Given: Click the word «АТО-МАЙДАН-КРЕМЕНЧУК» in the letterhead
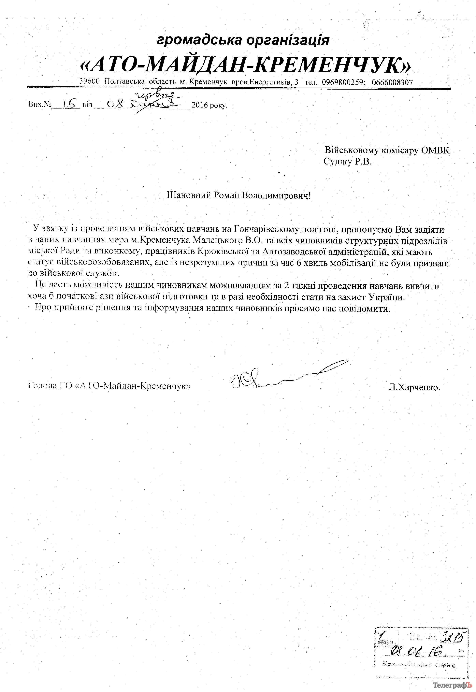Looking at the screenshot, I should click(245, 66).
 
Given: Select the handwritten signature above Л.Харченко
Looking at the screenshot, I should click(286, 376).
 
